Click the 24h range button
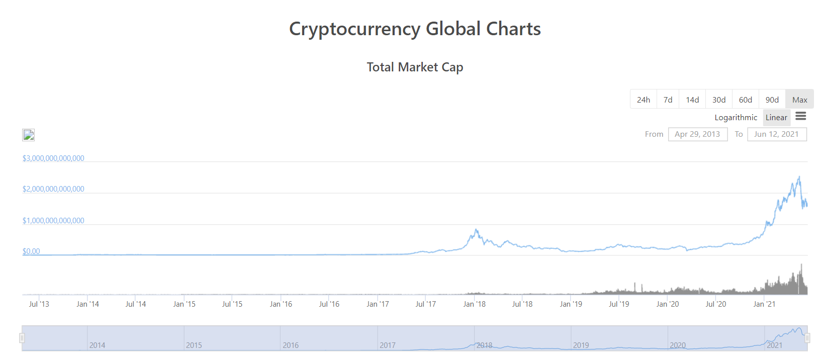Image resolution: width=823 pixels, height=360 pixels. tap(643, 100)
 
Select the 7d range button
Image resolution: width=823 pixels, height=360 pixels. tap(668, 100)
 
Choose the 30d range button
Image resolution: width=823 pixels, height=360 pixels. tap(719, 100)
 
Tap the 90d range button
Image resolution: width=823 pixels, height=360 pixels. tap(772, 100)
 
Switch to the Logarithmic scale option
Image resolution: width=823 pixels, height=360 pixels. tap(736, 117)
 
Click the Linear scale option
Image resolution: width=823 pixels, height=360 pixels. tap(776, 117)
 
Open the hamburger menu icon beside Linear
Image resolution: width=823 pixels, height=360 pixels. tap(801, 116)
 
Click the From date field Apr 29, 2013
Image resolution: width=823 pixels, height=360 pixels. tap(697, 134)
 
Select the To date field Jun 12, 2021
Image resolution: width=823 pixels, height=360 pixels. tap(776, 134)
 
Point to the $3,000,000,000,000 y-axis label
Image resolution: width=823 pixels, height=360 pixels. tap(53, 158)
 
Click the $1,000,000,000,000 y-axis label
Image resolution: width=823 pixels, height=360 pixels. tap(53, 220)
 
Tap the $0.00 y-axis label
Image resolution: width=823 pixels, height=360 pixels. tap(31, 251)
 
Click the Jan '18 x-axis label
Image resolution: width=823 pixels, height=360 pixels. tap(474, 304)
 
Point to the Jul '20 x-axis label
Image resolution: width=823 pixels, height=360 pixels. tap(715, 304)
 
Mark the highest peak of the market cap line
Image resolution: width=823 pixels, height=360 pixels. tap(799, 176)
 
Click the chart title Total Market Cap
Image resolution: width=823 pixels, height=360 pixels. tap(415, 67)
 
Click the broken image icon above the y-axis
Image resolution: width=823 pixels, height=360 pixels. tap(29, 135)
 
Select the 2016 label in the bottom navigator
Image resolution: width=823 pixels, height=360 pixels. tap(291, 345)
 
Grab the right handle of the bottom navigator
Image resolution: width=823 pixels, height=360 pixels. tap(807, 338)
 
